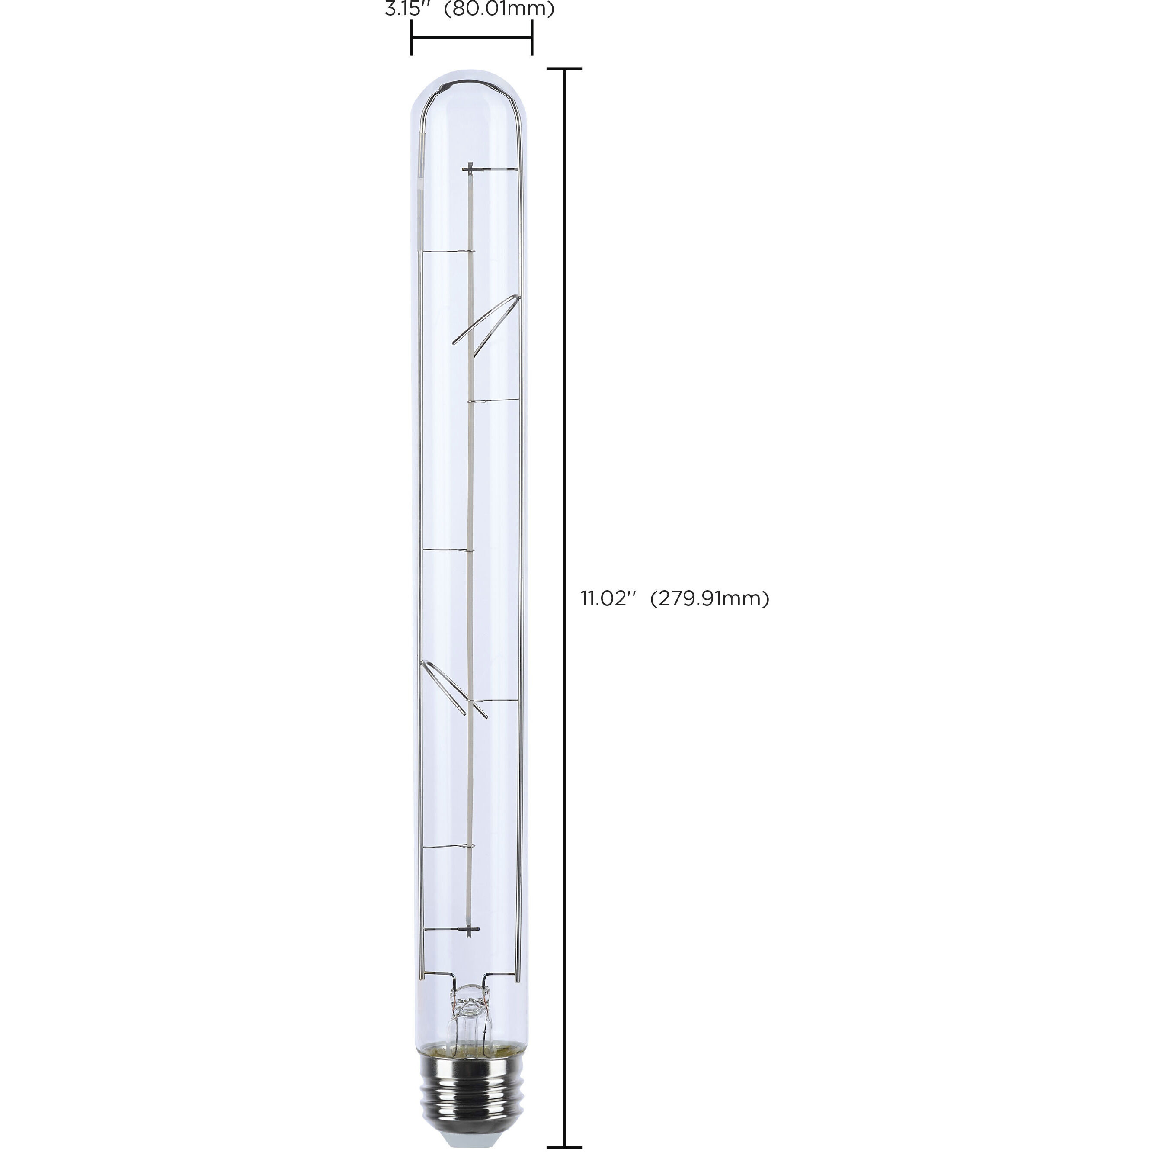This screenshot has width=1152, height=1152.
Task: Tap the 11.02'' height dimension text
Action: [x=605, y=598]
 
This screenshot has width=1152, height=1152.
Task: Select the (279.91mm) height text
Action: [x=710, y=598]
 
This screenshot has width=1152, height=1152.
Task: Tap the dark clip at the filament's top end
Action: [x=470, y=170]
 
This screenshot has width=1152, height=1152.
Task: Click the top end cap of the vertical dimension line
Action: [x=564, y=69]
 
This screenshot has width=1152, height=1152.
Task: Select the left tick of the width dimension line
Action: [x=411, y=38]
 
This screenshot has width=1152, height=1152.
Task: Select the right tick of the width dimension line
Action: [x=532, y=38]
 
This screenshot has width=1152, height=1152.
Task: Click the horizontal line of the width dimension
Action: [x=471, y=38]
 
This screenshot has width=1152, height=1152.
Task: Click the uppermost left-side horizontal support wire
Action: [x=447, y=252]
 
